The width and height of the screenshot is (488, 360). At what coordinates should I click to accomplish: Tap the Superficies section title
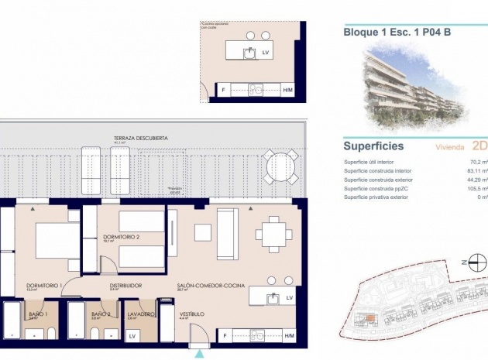(x=373, y=145)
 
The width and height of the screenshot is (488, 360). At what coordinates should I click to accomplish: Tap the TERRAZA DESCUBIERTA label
(x=140, y=138)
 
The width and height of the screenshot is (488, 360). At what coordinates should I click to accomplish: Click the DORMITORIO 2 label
(x=121, y=236)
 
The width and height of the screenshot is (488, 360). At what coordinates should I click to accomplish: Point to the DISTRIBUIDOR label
(x=125, y=286)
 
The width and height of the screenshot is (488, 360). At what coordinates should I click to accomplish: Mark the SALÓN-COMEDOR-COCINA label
(x=211, y=286)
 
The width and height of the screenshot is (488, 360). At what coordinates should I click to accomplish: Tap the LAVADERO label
(x=140, y=314)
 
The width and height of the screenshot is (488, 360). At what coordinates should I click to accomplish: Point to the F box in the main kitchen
(x=225, y=335)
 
